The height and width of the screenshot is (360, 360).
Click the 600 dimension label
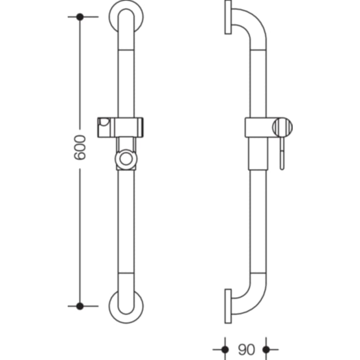80,147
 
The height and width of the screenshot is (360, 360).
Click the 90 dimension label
246,349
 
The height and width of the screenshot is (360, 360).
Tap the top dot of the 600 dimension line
80,17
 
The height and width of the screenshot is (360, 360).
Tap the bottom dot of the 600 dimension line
80,306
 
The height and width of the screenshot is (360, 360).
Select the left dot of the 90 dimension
225,349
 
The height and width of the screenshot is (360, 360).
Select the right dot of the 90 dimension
266,349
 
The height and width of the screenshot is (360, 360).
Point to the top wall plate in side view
228,17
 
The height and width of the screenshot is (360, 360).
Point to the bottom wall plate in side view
228,306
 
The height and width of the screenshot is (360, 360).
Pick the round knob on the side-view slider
283,128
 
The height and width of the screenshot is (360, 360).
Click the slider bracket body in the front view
126,127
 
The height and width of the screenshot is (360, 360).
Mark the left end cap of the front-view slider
104,127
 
